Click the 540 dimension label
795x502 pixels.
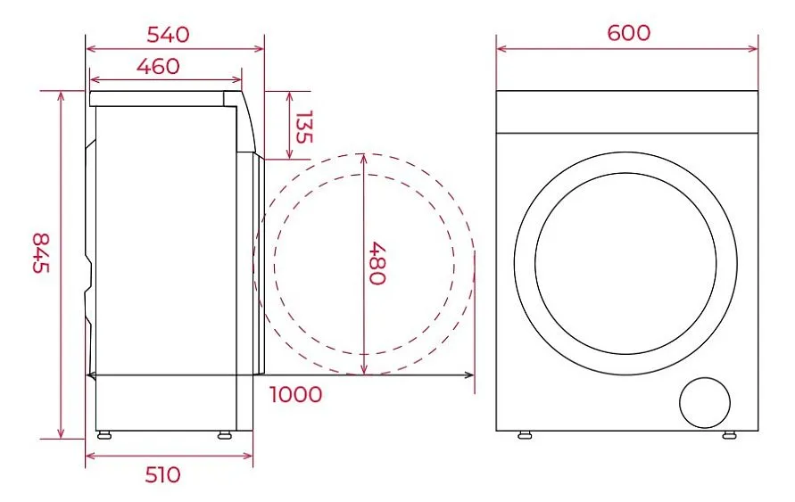168,35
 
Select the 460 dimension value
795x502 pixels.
158,66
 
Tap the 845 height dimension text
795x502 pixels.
41,252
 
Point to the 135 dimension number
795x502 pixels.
303,127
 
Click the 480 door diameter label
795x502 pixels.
377,263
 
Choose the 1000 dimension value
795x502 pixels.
295,395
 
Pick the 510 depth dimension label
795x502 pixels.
162,475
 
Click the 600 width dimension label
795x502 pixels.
629,33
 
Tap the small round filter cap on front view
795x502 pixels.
705,403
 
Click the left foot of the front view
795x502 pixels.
525,434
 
